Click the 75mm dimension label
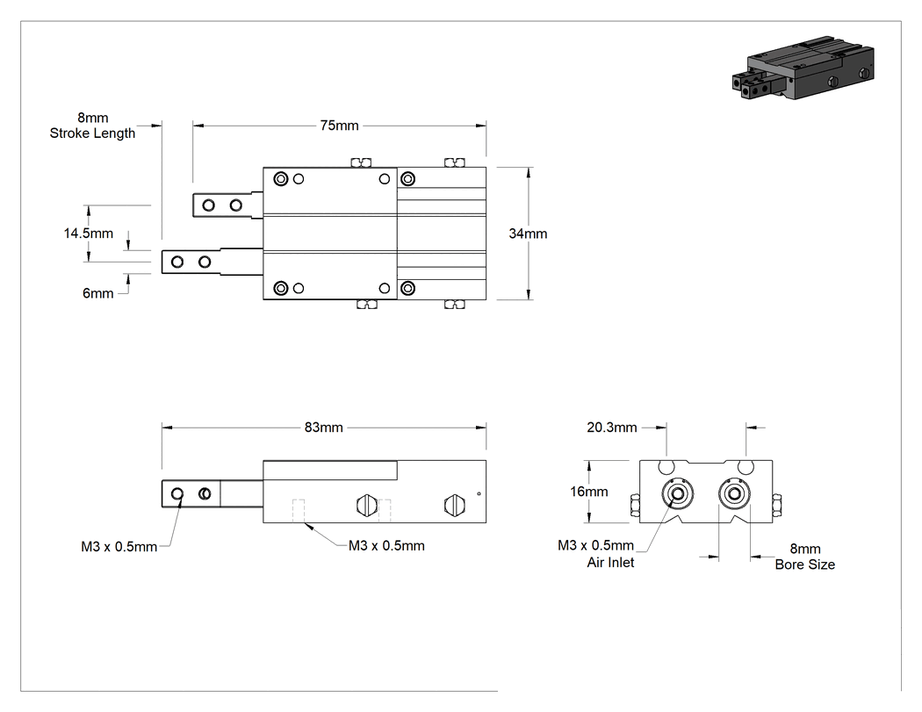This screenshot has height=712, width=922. click(x=339, y=126)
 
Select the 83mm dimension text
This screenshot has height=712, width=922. click(x=323, y=428)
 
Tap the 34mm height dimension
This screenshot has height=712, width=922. click(x=528, y=234)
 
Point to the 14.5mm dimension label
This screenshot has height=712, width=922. click(x=88, y=234)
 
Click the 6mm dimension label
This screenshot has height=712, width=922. click(x=97, y=293)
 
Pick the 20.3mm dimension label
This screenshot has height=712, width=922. click(x=611, y=428)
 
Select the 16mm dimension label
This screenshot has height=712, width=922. click(x=588, y=492)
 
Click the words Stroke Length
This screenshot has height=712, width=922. click(x=92, y=133)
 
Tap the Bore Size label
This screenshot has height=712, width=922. click(x=804, y=565)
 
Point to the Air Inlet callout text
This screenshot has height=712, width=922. click(x=610, y=563)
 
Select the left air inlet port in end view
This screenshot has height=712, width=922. click(x=677, y=493)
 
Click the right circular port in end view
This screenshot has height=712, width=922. click(x=734, y=493)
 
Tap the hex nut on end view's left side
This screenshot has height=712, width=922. click(x=635, y=506)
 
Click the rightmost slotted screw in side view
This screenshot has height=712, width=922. click(x=455, y=505)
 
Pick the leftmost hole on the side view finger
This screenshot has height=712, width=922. click(x=177, y=494)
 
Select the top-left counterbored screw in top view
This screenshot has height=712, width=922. click(x=281, y=179)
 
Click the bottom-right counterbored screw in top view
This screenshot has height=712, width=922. click(x=407, y=288)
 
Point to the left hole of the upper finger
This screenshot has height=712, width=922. click(x=208, y=205)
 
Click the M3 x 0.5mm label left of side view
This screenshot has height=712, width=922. click(x=119, y=547)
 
